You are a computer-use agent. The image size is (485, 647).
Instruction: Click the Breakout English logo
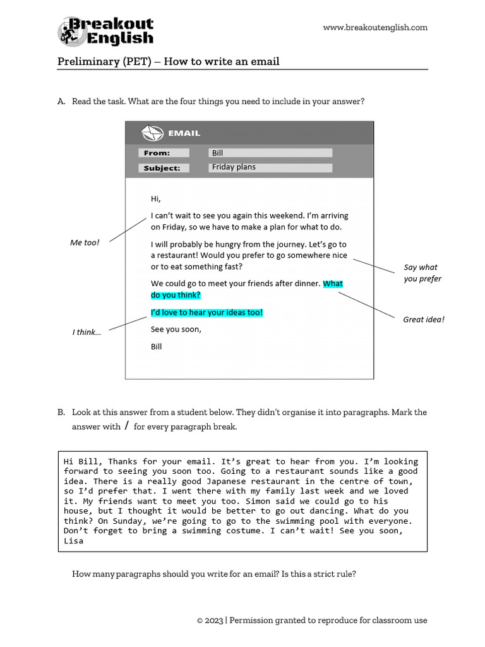[x=105, y=32]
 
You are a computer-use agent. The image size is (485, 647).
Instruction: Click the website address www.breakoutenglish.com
[x=375, y=27]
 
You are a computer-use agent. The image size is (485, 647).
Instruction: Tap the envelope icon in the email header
[x=152, y=133]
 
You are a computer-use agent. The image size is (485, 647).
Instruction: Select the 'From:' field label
[x=157, y=153]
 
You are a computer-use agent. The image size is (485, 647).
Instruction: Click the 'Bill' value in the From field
[x=218, y=153]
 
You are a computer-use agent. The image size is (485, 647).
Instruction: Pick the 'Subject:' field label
[x=162, y=168]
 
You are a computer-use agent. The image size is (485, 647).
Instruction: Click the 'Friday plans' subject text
[x=234, y=167]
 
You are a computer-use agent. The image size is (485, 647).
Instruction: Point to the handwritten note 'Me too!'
[x=85, y=243]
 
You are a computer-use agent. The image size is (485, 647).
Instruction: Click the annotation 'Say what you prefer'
[x=422, y=273]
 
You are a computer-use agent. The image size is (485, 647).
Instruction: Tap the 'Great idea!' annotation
[x=424, y=320]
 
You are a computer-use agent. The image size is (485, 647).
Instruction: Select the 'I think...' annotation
[x=87, y=332]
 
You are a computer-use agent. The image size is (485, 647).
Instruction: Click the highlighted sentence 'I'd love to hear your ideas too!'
[x=207, y=313]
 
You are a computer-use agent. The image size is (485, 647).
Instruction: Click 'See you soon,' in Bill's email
[x=176, y=329]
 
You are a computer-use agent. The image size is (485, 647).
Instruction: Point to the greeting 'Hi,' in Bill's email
[x=156, y=199]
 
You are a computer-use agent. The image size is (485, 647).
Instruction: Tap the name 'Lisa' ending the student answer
[x=74, y=541]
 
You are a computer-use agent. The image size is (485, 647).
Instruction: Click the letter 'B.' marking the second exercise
[x=61, y=412]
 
